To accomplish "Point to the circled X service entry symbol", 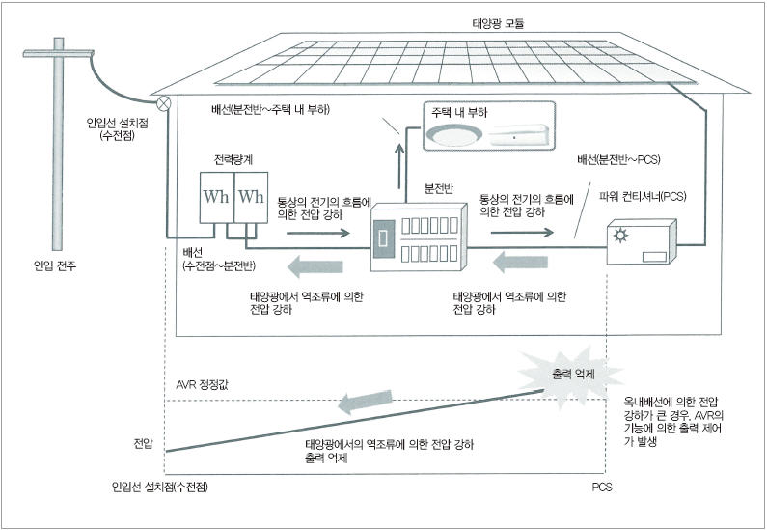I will coord(164,99).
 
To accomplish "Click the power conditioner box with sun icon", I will coord(641,242).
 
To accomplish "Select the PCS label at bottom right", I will coord(602,488).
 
